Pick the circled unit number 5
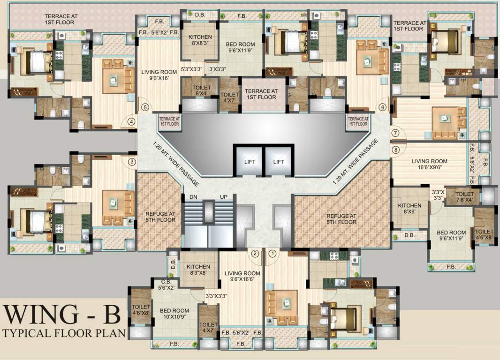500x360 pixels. pyautogui.click(x=145, y=107)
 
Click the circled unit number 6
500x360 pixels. pyautogui.click(x=383, y=107)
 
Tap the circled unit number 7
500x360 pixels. pyautogui.click(x=395, y=133)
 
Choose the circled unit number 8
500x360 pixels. pyautogui.click(x=395, y=150)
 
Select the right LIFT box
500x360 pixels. pyautogui.click(x=279, y=162)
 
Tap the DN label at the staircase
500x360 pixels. pyautogui.click(x=194, y=197)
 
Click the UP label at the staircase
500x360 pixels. pyautogui.click(x=224, y=197)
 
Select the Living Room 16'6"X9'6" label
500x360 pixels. pyautogui.click(x=430, y=165)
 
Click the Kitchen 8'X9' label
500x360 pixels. pyautogui.click(x=409, y=209)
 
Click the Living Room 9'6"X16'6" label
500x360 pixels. pyautogui.click(x=242, y=277)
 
